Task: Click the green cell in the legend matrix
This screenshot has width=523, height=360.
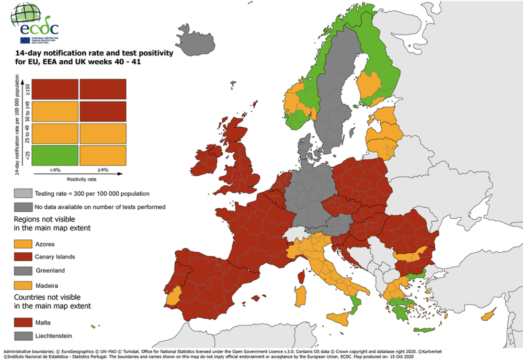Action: (x=56, y=155)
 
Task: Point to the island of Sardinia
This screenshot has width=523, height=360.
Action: (x=300, y=296)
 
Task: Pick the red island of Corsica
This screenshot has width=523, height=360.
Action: (x=301, y=275)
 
